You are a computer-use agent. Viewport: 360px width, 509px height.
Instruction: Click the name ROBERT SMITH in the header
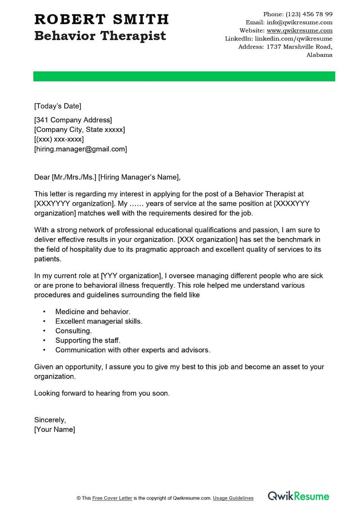coord(101,19)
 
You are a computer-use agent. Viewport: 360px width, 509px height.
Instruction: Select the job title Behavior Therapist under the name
coord(100,36)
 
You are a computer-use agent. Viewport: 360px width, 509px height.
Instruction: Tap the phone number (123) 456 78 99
coord(309,14)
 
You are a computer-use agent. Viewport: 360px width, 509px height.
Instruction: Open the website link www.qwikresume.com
coord(299,31)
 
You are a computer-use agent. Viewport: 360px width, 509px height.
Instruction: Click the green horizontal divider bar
coord(184,77)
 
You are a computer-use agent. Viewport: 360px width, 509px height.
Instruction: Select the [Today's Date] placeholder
coord(58,106)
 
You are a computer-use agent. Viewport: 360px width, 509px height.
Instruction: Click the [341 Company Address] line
coord(73,120)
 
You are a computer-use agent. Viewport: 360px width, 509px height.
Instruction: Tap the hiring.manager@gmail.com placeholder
coord(81,149)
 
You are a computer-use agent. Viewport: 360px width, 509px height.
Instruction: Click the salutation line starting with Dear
coord(107,177)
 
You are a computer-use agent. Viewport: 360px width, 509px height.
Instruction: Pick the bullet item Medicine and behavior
coord(93,311)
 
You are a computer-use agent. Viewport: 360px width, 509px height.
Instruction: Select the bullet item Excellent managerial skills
coord(99,321)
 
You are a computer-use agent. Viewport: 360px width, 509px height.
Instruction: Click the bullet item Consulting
coord(73,331)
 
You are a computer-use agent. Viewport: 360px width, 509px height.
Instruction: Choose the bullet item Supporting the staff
coord(88,340)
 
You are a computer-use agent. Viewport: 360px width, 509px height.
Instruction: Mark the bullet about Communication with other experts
coord(133,350)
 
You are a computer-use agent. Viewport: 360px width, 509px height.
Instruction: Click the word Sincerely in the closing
coord(50,419)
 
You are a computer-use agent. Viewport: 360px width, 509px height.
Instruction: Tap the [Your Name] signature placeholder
coord(54,429)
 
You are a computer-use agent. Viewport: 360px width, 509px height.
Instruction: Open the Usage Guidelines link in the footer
coord(233,498)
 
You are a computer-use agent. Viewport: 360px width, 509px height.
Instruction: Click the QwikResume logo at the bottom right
coord(298,496)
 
